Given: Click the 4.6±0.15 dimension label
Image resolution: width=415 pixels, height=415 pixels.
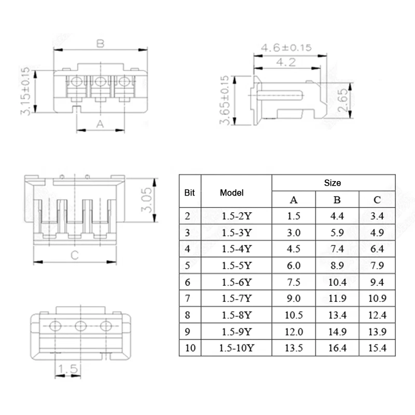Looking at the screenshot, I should pyautogui.click(x=286, y=48).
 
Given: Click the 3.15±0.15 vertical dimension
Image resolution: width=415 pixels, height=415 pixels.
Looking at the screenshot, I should pyautogui.click(x=24, y=91).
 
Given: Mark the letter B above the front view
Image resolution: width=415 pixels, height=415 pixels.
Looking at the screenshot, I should pyautogui.click(x=100, y=44).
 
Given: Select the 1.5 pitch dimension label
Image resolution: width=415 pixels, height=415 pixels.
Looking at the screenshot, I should pyautogui.click(x=68, y=369).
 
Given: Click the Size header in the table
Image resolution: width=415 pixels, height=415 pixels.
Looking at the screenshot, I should pyautogui.click(x=333, y=183).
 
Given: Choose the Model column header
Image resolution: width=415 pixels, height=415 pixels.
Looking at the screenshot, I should pyautogui.click(x=231, y=192).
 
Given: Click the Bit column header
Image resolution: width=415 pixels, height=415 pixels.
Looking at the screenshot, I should pyautogui.click(x=189, y=192).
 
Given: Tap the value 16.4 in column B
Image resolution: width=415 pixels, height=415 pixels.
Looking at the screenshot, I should pyautogui.click(x=337, y=348).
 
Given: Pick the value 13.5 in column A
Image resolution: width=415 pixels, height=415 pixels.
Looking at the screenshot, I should pyautogui.click(x=293, y=348).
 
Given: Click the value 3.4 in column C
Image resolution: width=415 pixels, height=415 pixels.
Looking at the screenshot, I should pyautogui.click(x=377, y=215).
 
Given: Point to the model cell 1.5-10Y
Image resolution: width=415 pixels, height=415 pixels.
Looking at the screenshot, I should pyautogui.click(x=236, y=348).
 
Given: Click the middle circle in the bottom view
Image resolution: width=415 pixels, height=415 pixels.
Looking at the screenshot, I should pyautogui.click(x=80, y=326).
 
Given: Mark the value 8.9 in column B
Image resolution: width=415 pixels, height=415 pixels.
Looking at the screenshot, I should pyautogui.click(x=337, y=265).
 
